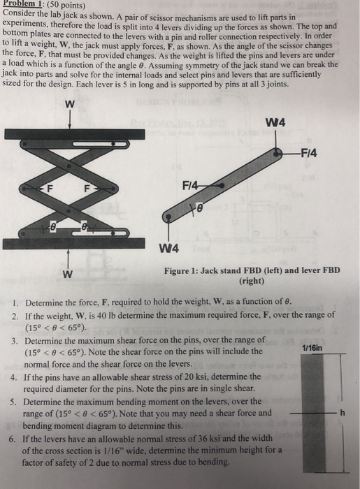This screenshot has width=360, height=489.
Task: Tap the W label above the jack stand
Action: [x=69, y=105]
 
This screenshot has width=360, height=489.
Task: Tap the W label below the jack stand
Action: [x=69, y=273]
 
